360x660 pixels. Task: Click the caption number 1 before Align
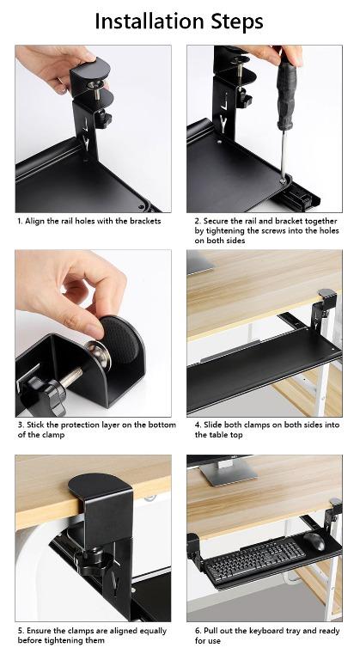[19, 221]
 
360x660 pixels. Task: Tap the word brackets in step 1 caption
[143, 221]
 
